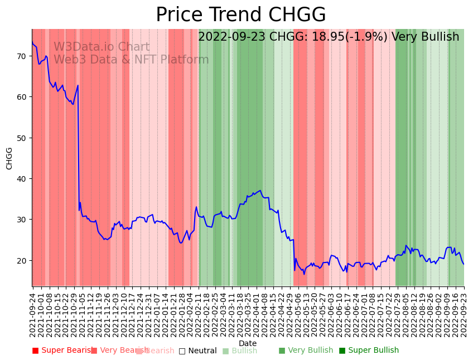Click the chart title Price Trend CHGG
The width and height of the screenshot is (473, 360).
pyautogui.click(x=240, y=15)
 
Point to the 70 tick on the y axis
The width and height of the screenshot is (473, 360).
pyautogui.click(x=21, y=56)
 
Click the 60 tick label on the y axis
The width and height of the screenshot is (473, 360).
pyautogui.click(x=21, y=97)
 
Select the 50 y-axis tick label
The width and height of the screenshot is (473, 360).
pyautogui.click(x=21, y=138)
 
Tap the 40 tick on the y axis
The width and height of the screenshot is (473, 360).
pyautogui.click(x=21, y=179)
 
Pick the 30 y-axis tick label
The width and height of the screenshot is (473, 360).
pyautogui.click(x=21, y=220)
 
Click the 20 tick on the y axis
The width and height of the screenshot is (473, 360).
pyautogui.click(x=21, y=261)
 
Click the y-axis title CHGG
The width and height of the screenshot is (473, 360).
pyautogui.click(x=9, y=158)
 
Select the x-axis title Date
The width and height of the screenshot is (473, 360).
pyautogui.click(x=248, y=343)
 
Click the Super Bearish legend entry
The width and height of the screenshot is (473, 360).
pyautogui.click(x=62, y=351)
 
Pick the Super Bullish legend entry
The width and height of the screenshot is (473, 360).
pyautogui.click(x=369, y=351)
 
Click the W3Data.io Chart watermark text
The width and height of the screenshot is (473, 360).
pyautogui.click(x=102, y=47)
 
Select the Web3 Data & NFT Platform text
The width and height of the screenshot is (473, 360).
pyautogui.click(x=131, y=60)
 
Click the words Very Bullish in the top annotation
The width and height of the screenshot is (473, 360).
pyautogui.click(x=425, y=37)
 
